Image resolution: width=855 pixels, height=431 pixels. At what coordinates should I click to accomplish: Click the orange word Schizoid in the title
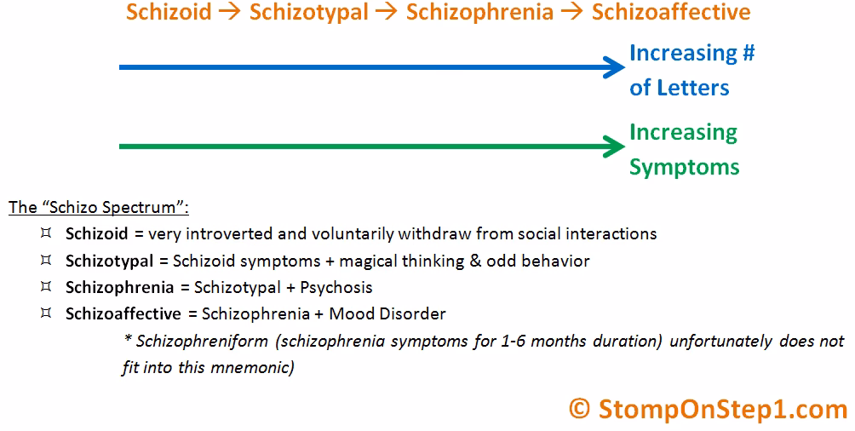(169, 13)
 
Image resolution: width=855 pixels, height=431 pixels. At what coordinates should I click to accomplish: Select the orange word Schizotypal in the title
(308, 13)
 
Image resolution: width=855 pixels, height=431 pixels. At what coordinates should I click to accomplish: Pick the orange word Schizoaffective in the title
(671, 13)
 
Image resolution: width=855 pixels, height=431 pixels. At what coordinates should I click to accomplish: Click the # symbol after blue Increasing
(747, 54)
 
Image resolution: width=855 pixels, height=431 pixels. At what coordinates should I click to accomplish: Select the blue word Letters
(694, 88)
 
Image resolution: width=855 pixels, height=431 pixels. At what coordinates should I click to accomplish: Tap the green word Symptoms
(684, 166)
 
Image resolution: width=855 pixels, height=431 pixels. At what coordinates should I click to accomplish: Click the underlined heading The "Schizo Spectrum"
(99, 207)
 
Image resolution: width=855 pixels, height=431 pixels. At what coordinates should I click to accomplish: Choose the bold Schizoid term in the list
(96, 233)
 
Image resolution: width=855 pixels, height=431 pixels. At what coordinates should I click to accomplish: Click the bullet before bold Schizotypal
(45, 260)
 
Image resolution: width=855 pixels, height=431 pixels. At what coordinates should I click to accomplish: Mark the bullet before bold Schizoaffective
(45, 313)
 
